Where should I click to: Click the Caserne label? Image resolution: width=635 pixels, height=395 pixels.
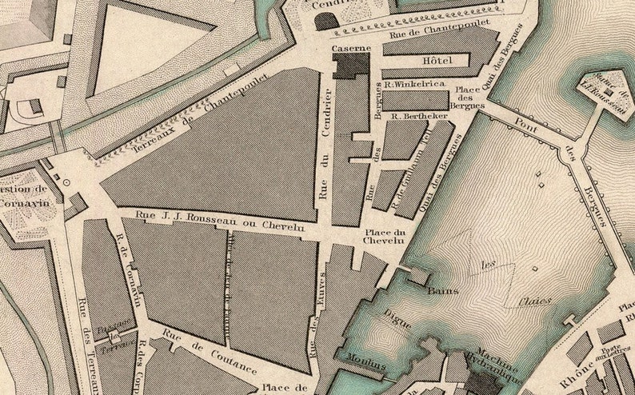[x=351, y=48]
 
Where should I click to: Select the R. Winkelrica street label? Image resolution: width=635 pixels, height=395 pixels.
[x=413, y=82]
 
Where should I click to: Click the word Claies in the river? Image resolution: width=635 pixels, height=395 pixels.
[x=533, y=301]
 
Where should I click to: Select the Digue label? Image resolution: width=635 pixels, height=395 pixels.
[x=395, y=317]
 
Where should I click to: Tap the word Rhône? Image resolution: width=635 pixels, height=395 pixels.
[x=582, y=372]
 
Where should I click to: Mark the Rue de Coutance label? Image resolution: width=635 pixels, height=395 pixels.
[x=209, y=353]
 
